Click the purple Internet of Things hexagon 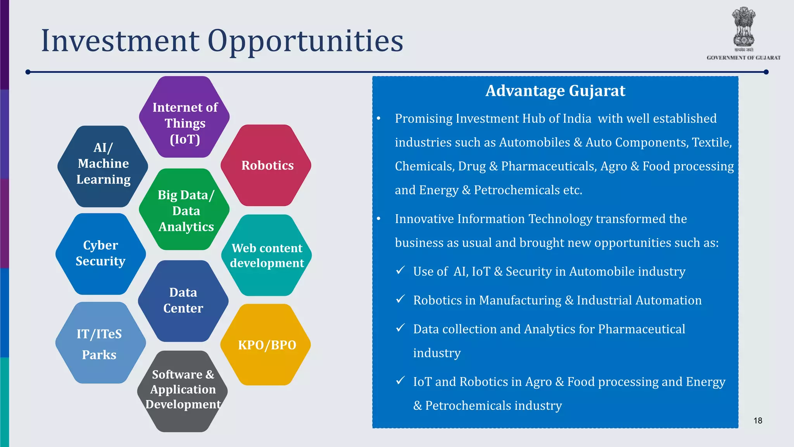tap(185, 117)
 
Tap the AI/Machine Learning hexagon tap(103, 166)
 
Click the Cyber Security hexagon tap(101, 254)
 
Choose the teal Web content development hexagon tap(267, 255)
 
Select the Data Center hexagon tap(183, 301)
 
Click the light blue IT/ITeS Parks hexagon tap(100, 343)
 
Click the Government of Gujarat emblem tap(743, 29)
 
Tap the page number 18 tap(758, 421)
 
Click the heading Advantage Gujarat tap(555, 91)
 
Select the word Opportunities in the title tap(305, 41)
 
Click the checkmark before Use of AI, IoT tap(400, 270)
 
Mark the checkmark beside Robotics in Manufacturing tap(400, 299)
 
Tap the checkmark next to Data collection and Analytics tap(400, 328)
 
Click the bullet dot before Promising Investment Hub tap(379, 119)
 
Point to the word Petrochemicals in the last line tap(468, 405)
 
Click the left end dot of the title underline tap(28, 72)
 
